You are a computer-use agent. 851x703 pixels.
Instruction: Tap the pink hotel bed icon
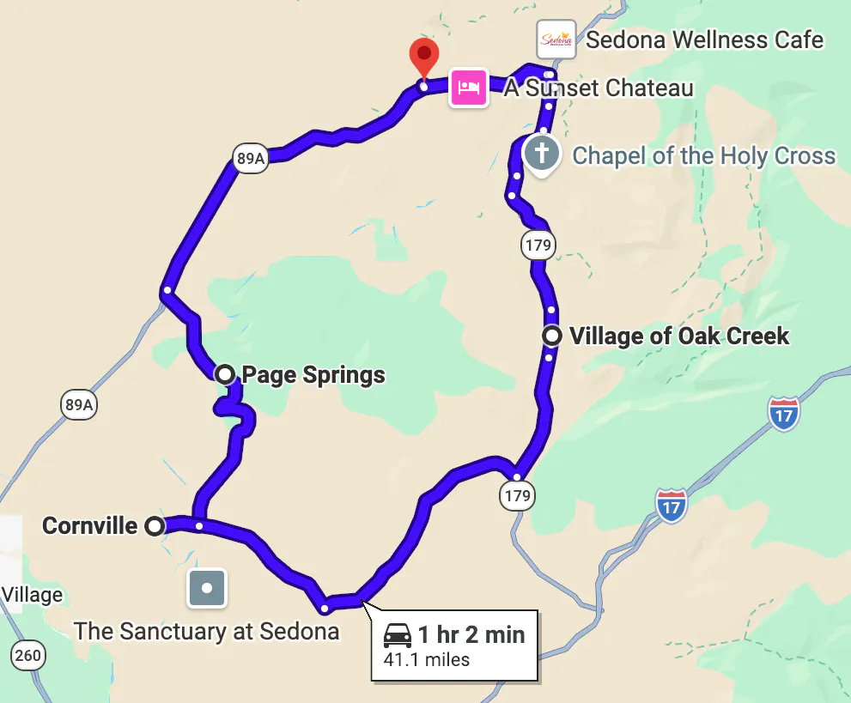(x=468, y=88)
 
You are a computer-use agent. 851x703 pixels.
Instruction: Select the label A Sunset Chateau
(x=599, y=88)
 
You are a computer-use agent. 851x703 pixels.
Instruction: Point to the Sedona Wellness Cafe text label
(x=705, y=39)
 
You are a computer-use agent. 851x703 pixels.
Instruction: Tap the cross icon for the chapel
(x=542, y=154)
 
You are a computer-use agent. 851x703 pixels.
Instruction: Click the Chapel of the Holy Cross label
(x=703, y=155)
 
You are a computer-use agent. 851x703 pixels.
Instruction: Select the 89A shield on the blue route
(x=250, y=158)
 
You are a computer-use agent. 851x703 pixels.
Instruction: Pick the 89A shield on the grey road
(x=78, y=404)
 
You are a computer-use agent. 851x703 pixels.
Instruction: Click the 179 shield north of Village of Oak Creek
(x=538, y=245)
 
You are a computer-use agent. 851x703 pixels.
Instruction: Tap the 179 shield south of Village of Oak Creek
(x=518, y=495)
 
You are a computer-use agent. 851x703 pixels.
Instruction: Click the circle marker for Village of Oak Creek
(x=552, y=336)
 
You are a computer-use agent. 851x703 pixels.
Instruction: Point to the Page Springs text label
(x=313, y=374)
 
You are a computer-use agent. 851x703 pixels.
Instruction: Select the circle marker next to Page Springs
(x=225, y=373)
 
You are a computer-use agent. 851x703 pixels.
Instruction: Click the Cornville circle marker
(x=155, y=526)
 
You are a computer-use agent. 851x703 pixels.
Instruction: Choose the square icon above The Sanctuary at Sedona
(x=207, y=589)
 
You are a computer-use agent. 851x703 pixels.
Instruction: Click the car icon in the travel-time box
(x=397, y=636)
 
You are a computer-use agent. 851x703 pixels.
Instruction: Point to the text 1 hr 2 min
(x=471, y=635)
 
